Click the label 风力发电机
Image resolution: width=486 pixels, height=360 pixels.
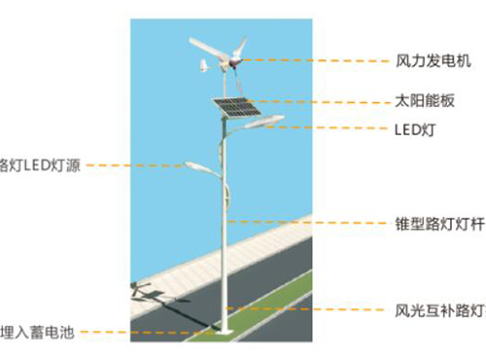[x=434, y=61]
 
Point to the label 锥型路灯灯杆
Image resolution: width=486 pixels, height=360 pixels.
[x=439, y=223]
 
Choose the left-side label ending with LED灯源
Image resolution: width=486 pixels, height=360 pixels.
[x=40, y=165]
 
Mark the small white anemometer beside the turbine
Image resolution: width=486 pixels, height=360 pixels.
[x=204, y=68]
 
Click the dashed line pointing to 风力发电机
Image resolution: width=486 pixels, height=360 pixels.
[x=311, y=60]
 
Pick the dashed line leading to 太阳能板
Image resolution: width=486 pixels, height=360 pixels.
[x=321, y=99]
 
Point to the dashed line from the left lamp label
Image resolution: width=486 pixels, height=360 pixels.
[x=136, y=165]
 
